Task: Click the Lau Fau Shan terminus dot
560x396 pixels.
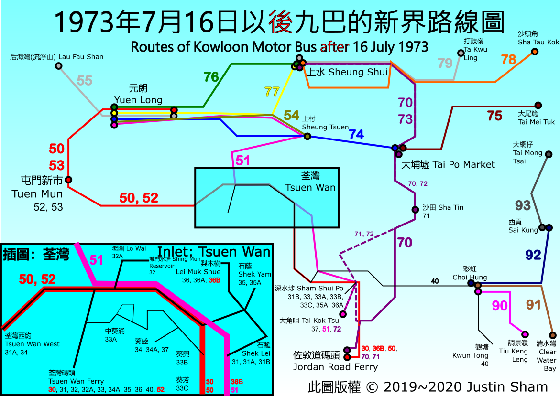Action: (x=58, y=66)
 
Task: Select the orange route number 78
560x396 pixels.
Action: (x=508, y=60)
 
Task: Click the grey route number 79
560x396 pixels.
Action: (x=445, y=63)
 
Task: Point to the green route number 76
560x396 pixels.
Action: (x=211, y=76)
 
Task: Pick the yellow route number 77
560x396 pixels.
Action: (x=272, y=92)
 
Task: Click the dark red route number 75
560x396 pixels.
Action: (x=494, y=115)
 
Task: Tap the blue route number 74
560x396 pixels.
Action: (x=356, y=135)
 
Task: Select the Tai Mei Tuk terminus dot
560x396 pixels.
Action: (x=538, y=105)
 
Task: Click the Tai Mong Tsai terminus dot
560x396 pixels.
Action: (x=549, y=154)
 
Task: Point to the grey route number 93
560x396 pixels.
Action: (x=523, y=205)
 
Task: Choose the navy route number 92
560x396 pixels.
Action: (x=533, y=255)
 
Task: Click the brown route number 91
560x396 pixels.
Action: (x=533, y=304)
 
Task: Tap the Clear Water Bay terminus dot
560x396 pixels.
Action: (x=553, y=335)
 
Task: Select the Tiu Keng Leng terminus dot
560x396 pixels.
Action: (x=525, y=334)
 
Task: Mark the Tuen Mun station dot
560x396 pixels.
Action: (x=68, y=180)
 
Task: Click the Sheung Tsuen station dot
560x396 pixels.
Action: (x=307, y=137)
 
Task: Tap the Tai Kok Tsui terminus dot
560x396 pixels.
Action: (x=342, y=314)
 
